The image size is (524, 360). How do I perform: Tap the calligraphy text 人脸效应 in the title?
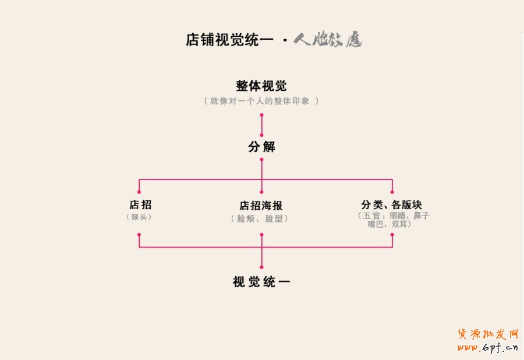(327, 40)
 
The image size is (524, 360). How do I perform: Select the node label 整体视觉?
(261, 86)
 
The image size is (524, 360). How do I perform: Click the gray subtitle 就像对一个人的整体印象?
(261, 101)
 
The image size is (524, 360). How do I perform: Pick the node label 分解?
(261, 147)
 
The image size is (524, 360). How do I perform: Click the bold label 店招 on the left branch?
(140, 204)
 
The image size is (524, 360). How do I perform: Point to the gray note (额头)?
(140, 217)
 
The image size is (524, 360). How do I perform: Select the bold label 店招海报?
(261, 206)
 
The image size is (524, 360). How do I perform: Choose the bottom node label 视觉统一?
(261, 282)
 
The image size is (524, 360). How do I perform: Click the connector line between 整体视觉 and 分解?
(261, 125)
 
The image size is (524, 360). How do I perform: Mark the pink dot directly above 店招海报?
(261, 192)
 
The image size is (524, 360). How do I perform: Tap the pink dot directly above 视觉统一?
(261, 267)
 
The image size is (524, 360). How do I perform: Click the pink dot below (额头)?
(139, 234)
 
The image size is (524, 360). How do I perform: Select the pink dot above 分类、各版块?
(392, 192)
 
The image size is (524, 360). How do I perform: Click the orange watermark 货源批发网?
(488, 334)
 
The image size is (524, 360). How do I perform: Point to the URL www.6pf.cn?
(488, 348)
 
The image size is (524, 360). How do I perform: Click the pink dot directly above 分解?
(261, 135)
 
